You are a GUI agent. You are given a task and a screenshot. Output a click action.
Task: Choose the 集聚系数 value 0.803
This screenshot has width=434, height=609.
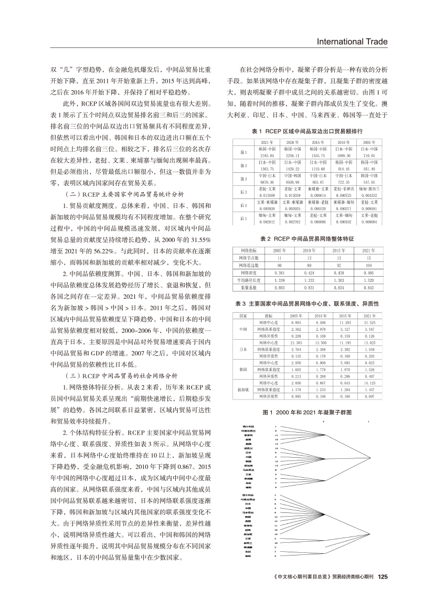click(x=280, y=288)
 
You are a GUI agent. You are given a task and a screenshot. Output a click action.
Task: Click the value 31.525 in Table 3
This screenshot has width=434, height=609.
click(x=370, y=322)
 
